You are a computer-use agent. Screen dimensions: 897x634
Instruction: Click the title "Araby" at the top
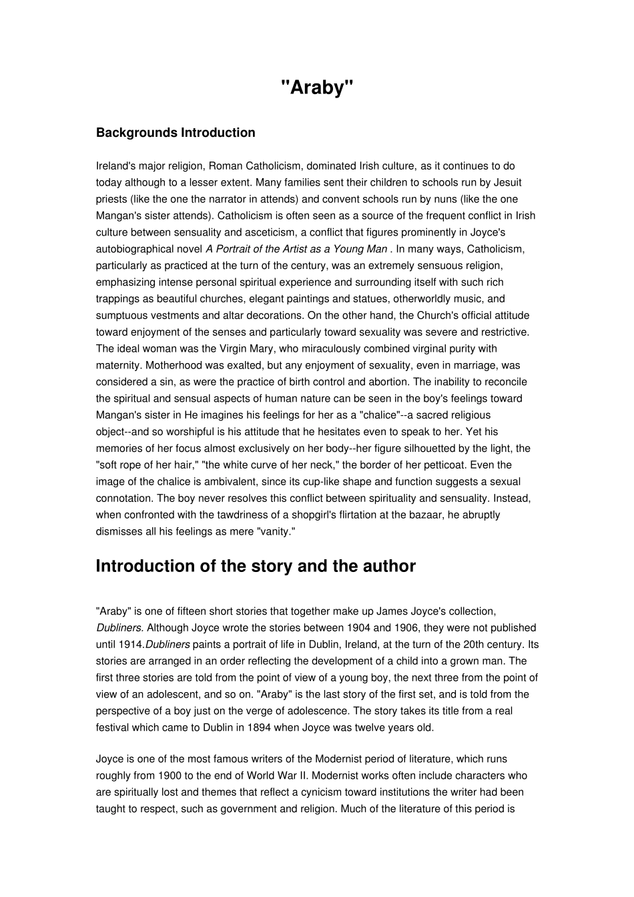pyautogui.click(x=316, y=87)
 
